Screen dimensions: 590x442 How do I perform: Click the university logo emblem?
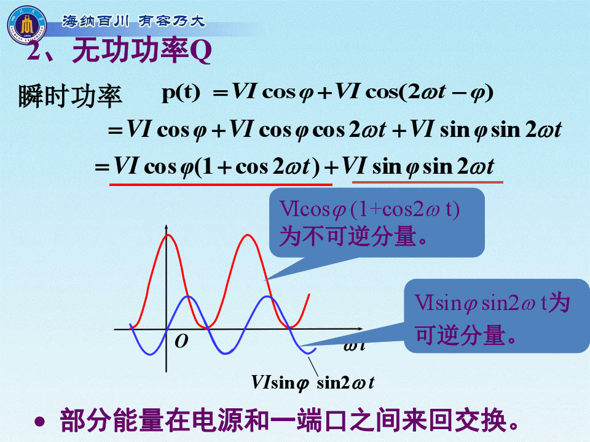26,25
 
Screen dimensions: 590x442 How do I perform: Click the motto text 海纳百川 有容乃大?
133,21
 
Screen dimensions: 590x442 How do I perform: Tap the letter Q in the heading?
200,51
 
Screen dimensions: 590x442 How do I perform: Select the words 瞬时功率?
70,96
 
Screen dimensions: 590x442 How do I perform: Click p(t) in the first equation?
181,93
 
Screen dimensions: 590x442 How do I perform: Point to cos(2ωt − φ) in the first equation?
429,93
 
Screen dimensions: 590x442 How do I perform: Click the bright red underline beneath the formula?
221,184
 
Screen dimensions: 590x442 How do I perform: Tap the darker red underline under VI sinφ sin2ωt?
428,182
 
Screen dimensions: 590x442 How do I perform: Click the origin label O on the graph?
181,341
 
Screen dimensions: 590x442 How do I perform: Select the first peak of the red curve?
168,235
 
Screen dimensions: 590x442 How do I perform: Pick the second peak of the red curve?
248,235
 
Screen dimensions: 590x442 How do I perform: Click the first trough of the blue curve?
151,354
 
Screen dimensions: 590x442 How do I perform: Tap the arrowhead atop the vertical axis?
167,228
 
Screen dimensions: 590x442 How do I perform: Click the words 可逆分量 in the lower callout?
460,335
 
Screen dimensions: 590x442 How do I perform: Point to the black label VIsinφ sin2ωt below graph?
313,382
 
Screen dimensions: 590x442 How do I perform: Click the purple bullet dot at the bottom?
39,422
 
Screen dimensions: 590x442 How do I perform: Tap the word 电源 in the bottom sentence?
218,420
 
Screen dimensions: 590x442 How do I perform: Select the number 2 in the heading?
34,51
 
